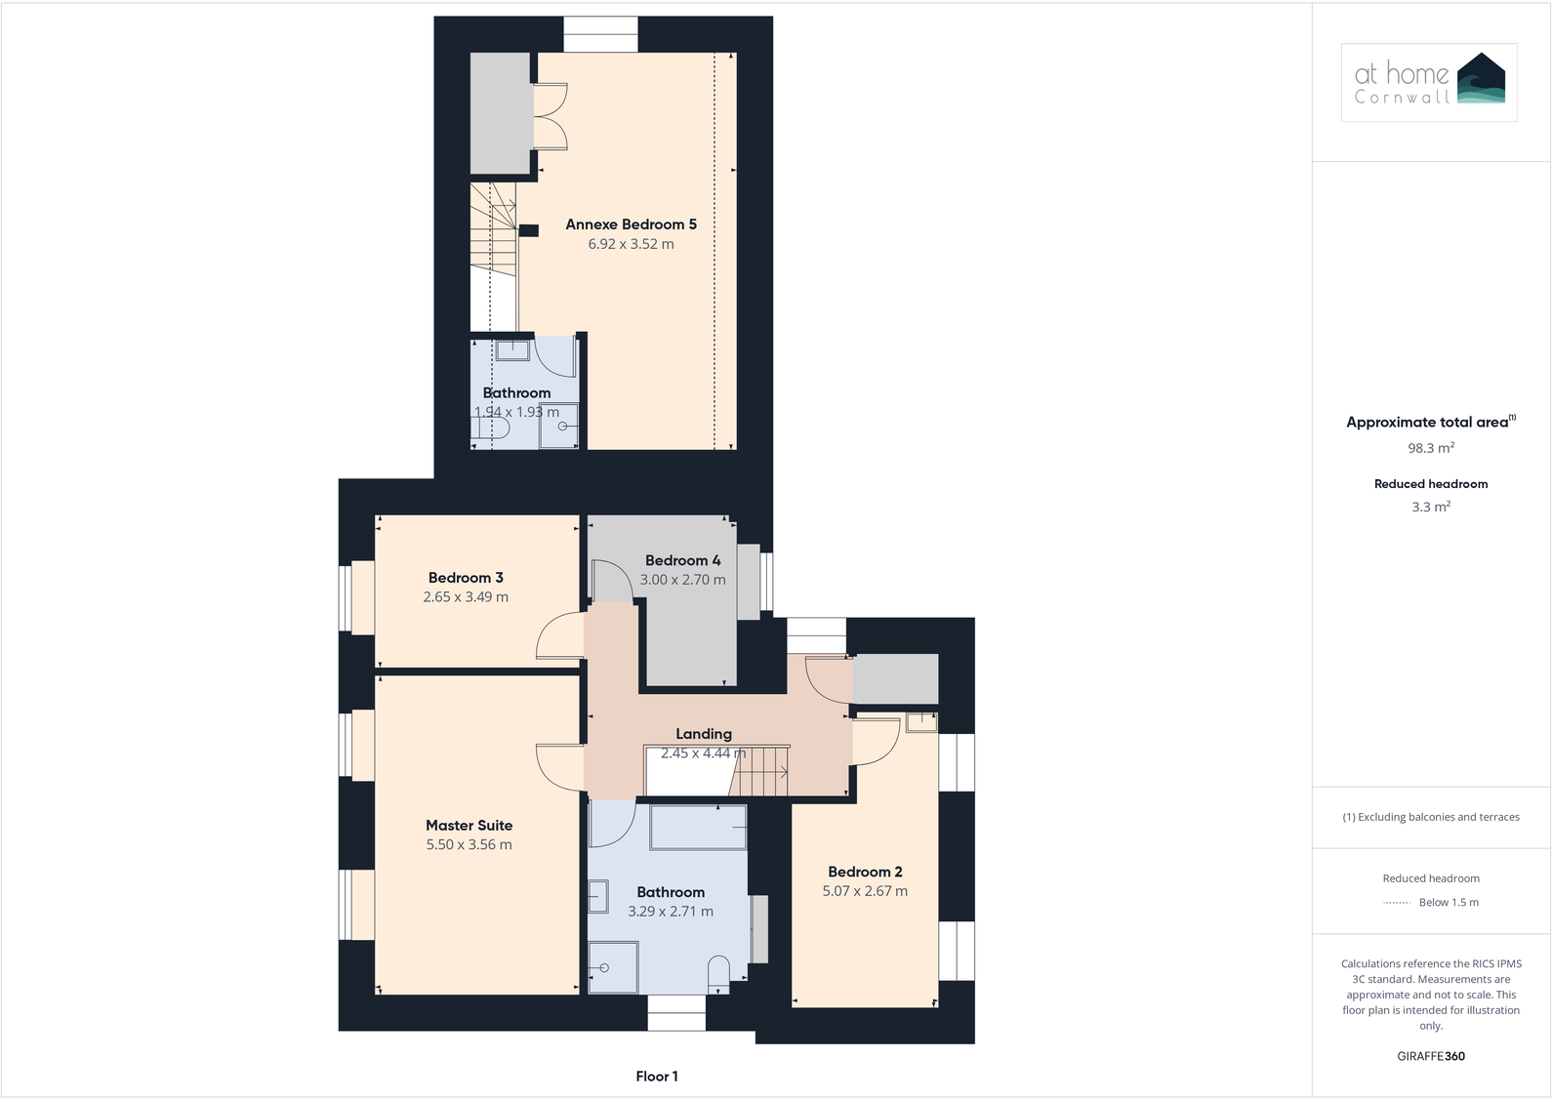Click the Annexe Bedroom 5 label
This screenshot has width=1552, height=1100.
point(631,224)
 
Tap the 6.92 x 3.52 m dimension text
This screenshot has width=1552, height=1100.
point(631,244)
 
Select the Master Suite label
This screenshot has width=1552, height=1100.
point(470,825)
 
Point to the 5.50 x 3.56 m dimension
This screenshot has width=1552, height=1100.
point(470,844)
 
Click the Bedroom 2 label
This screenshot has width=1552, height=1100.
point(865,872)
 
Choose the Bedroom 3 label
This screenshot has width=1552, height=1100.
point(466,577)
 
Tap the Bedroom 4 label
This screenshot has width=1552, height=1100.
point(682,559)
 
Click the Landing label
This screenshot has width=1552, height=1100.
point(703,733)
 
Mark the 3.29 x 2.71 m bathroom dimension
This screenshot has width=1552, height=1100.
point(670,911)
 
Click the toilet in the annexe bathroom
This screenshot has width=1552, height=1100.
point(490,428)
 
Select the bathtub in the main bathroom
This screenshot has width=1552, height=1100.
point(698,827)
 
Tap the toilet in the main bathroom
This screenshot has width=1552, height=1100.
point(718,975)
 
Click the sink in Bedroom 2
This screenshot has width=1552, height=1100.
point(921,722)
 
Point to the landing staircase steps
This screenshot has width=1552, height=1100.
point(759,771)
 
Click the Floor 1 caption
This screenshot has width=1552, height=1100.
point(657,1076)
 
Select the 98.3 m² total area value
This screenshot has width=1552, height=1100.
point(1431,447)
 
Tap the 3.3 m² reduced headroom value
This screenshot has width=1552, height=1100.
point(1431,507)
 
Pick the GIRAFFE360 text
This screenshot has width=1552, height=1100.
point(1431,1056)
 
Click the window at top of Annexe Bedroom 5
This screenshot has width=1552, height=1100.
point(600,34)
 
